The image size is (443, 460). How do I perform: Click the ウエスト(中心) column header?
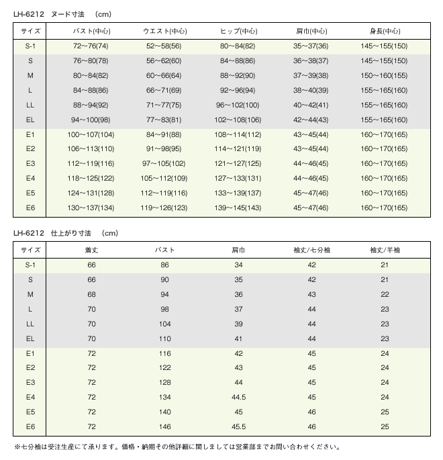[x=165, y=31]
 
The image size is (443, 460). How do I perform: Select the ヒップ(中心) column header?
[x=240, y=31]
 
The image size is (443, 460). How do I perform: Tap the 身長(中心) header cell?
[x=385, y=31]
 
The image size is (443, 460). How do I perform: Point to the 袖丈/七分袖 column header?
[x=311, y=250]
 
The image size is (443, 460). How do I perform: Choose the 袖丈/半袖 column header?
[x=385, y=250]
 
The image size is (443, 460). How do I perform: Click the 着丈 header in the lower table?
[x=92, y=250]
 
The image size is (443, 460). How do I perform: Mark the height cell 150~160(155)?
[x=385, y=75]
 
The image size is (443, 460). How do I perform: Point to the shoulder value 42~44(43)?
[x=311, y=120]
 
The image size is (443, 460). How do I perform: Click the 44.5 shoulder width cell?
[x=238, y=397]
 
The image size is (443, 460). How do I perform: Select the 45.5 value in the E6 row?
[x=238, y=426]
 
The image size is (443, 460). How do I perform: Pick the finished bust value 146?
[x=164, y=426]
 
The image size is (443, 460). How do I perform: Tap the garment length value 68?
[x=92, y=294]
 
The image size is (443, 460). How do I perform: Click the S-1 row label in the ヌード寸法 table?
[x=30, y=46]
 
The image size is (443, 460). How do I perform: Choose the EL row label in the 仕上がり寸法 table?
[x=30, y=338]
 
